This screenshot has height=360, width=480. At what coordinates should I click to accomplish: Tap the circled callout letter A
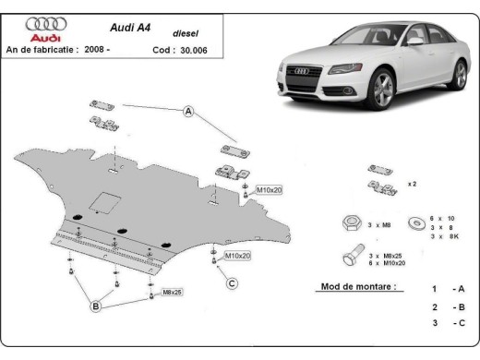pos(189,112)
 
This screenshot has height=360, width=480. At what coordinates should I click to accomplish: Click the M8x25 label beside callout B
pos(173,293)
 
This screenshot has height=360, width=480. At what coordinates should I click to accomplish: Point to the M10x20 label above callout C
pos(237,255)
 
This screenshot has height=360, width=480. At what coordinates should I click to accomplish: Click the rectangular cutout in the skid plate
pos(102,199)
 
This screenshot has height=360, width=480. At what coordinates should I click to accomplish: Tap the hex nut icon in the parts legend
pos(351,222)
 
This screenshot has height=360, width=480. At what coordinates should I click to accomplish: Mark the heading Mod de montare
pos(358,286)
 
